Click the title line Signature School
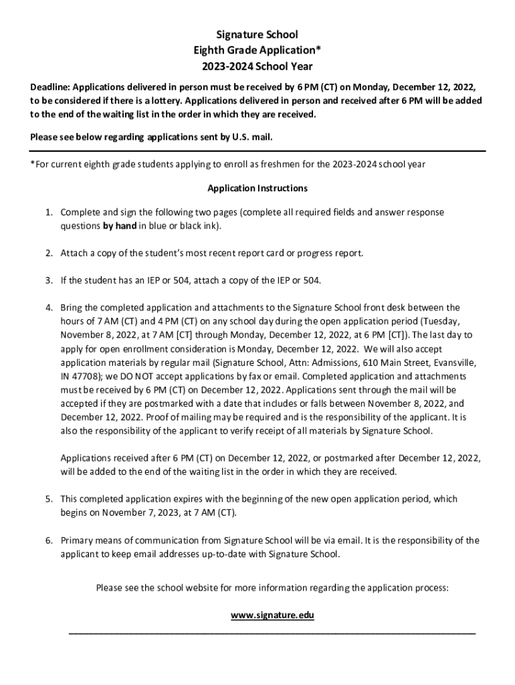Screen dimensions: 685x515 click(x=257, y=34)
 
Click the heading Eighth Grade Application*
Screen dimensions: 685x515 click(x=257, y=50)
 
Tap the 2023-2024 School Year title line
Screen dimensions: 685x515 click(x=257, y=67)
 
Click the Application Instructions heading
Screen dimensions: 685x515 click(x=257, y=189)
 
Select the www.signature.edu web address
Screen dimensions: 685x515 click(x=272, y=615)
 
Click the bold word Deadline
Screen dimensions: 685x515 click(x=49, y=87)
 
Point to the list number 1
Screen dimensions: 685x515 click(x=49, y=212)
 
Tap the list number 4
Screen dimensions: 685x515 click(x=49, y=308)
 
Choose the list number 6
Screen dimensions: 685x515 click(x=49, y=541)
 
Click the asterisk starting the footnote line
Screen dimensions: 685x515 click(x=33, y=163)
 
